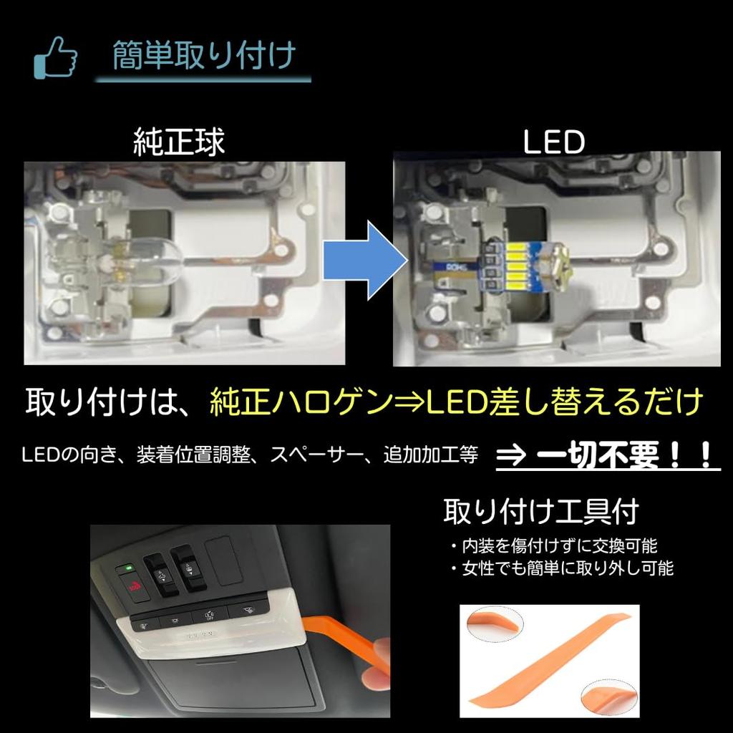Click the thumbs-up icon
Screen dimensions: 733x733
tap(55, 57)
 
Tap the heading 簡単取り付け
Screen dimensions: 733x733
tap(203, 56)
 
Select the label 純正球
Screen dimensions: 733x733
tap(179, 142)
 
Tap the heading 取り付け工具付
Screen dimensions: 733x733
tap(540, 513)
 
